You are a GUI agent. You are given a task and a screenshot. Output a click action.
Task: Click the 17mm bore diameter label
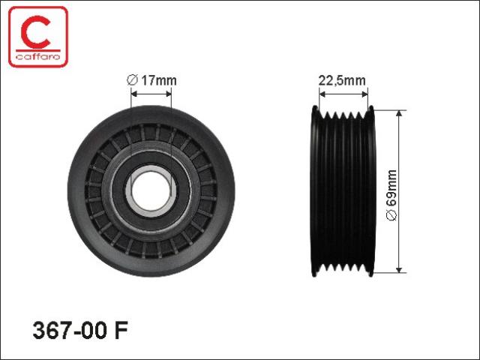point(151,80)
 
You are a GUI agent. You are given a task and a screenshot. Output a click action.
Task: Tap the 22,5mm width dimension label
point(342,80)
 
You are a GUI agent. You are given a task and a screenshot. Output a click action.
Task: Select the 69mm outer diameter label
point(391,195)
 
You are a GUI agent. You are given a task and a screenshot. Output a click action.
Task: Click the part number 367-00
point(70,330)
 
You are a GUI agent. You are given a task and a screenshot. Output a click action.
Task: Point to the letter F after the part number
point(121,330)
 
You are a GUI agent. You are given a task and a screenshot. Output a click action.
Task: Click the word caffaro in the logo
point(38,56)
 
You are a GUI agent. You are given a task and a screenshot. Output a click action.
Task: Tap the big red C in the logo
point(36,32)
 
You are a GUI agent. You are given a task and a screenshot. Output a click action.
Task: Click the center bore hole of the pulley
point(151,191)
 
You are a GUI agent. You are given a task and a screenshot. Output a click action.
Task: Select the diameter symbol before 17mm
point(132,80)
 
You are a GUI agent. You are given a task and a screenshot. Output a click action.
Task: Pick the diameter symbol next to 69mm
point(391,215)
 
